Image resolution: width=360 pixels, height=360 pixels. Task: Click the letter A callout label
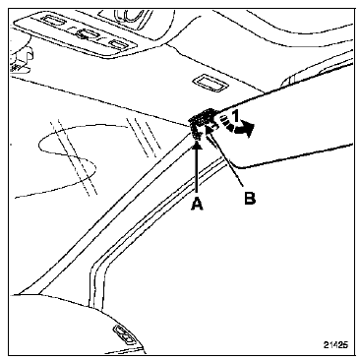(197, 205)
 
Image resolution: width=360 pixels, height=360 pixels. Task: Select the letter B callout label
(250, 198)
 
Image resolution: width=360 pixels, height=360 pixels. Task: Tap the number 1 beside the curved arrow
(235, 116)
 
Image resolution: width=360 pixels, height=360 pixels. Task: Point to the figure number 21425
(335, 344)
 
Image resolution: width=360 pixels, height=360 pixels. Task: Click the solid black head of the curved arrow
(246, 129)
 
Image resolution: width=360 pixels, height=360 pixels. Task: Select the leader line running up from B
(227, 161)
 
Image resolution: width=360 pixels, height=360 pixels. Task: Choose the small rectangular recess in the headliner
(210, 82)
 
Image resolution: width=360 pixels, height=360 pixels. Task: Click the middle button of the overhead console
(87, 33)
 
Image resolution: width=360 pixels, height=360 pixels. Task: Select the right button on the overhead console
(117, 44)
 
